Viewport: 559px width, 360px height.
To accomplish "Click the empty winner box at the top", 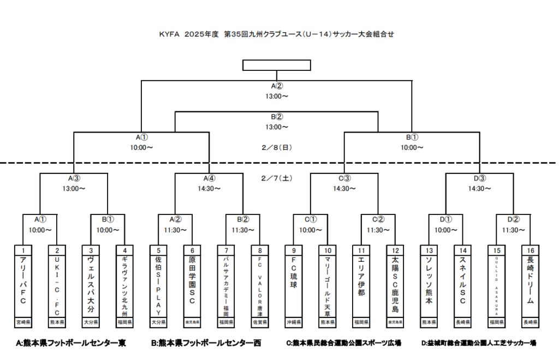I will (x=277, y=65).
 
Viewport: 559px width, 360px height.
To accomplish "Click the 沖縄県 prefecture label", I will (x=294, y=322).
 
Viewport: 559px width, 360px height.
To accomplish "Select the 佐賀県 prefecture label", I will (x=260, y=322).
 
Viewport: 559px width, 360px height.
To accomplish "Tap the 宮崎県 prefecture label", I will (x=23, y=322).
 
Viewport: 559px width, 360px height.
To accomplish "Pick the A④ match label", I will (x=209, y=178).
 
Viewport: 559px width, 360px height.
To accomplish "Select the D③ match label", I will (x=480, y=178).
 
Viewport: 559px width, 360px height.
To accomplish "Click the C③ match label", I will (x=344, y=178).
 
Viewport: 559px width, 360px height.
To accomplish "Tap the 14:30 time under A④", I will (x=209, y=189).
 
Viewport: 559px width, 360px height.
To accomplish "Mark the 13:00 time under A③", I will (x=74, y=189).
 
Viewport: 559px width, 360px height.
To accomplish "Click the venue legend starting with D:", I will (x=478, y=343).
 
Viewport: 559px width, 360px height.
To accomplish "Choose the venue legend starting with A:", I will (x=71, y=343).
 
